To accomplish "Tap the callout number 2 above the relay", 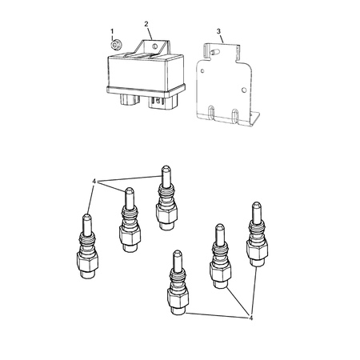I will (146, 26).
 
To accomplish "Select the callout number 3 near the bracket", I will (219, 31).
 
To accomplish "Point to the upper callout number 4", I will (94, 182).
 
